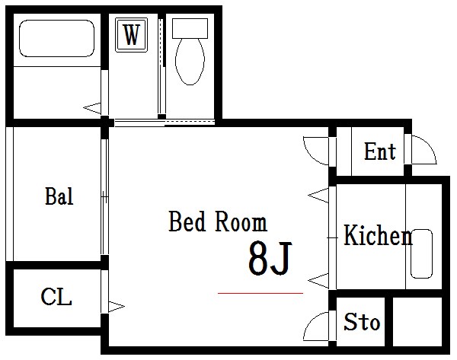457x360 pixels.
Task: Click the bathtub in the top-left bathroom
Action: (x=57, y=38)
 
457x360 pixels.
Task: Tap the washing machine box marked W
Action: (x=131, y=35)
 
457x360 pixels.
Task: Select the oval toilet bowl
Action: (x=190, y=62)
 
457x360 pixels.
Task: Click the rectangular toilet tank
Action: (x=190, y=28)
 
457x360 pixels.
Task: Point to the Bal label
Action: (x=59, y=196)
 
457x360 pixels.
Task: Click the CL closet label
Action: (x=56, y=297)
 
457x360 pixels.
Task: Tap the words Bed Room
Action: (x=218, y=221)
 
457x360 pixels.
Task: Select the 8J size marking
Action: (x=270, y=258)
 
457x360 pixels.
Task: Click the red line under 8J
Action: (x=260, y=293)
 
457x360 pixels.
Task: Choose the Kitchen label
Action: (x=379, y=235)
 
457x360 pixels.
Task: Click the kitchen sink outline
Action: (x=421, y=253)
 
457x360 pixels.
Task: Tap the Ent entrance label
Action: (x=380, y=151)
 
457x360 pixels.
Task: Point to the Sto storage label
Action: (x=362, y=321)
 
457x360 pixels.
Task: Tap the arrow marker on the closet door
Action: (x=117, y=307)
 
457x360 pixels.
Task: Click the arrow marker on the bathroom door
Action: (x=92, y=108)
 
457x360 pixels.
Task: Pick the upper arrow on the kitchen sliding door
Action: (x=318, y=195)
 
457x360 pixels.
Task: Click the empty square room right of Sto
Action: (x=417, y=321)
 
